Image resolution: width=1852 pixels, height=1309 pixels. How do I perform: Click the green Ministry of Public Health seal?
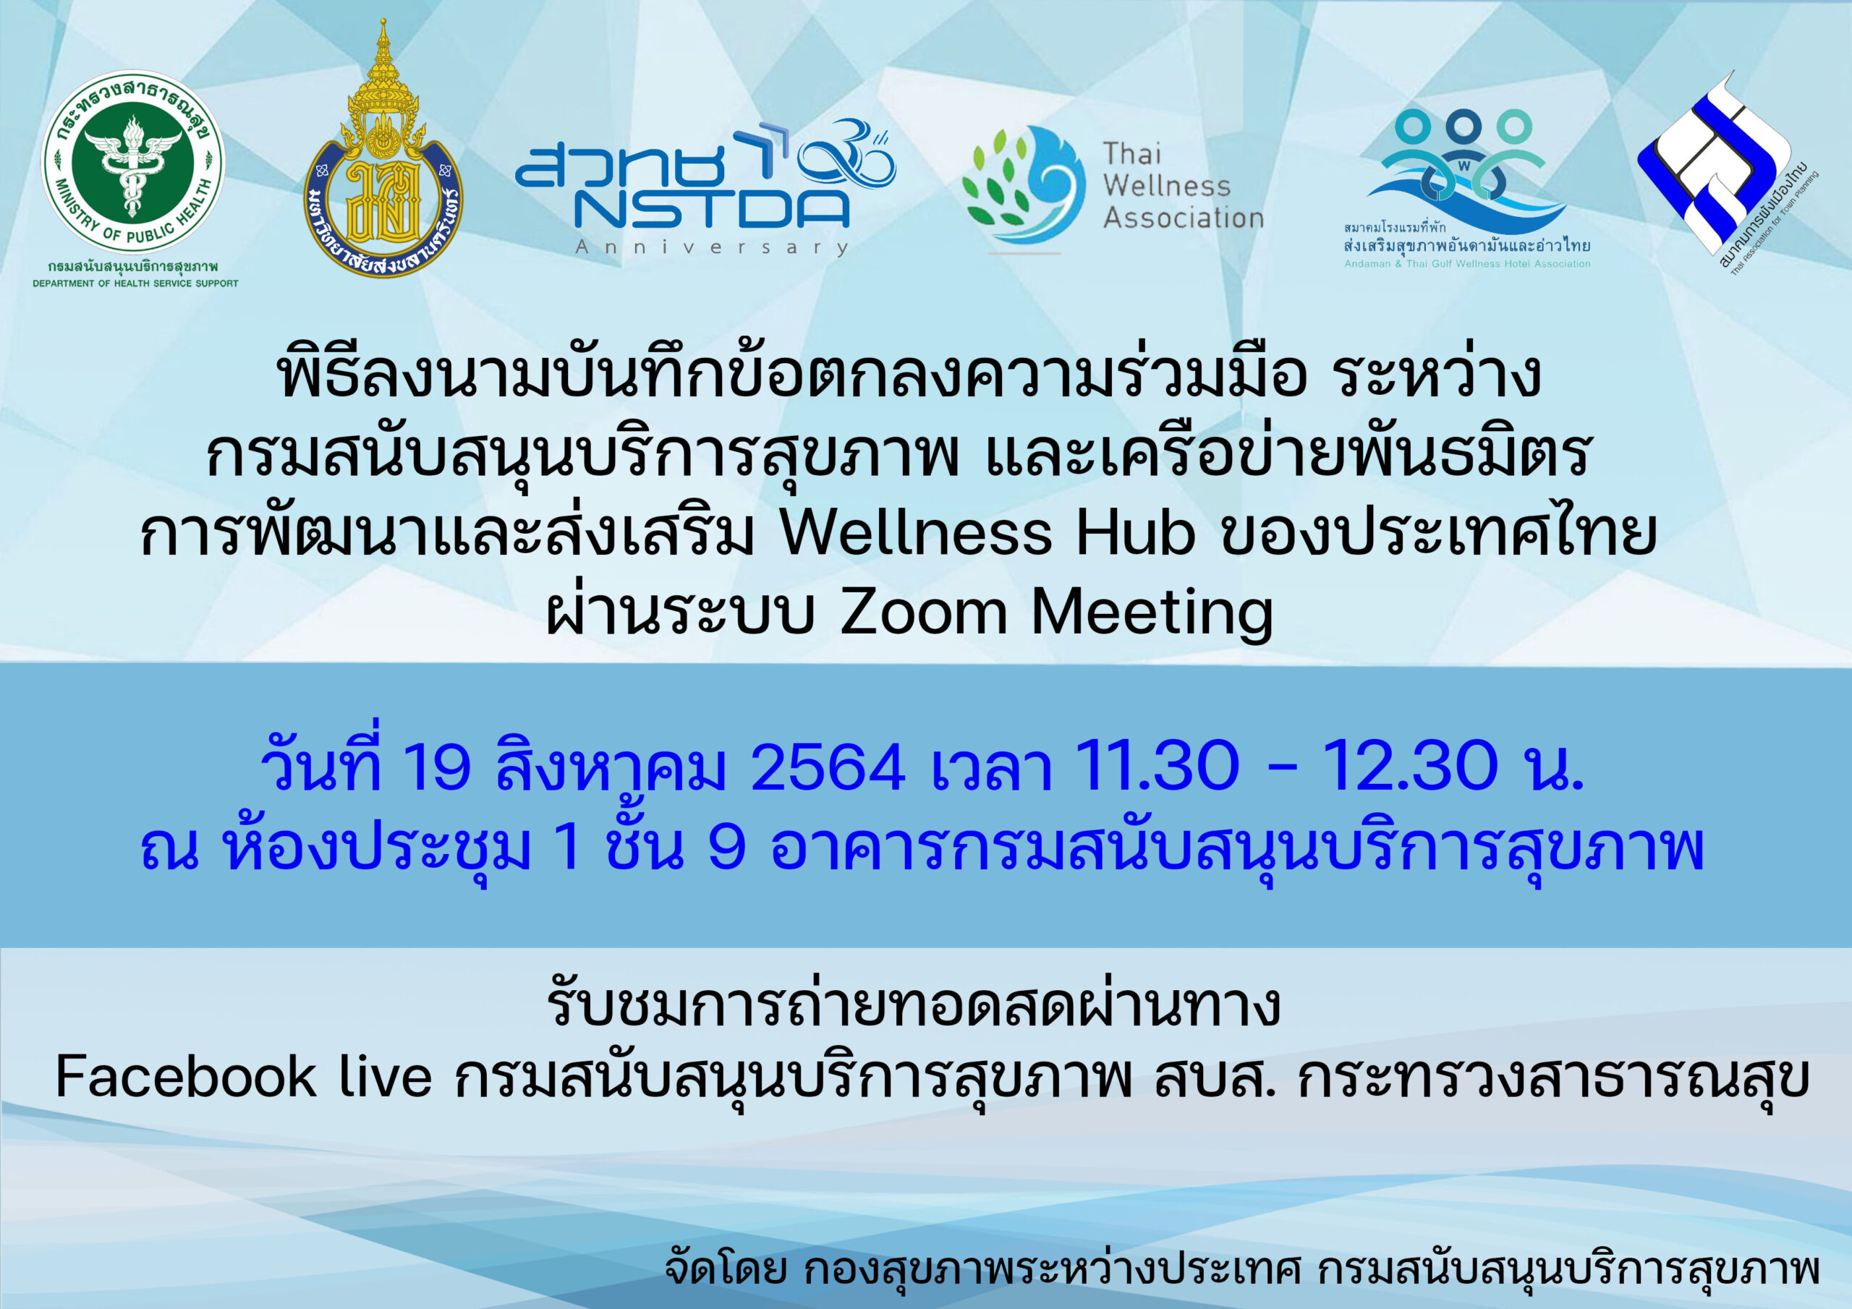[133, 162]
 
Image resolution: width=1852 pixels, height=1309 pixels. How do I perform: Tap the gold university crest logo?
[383, 149]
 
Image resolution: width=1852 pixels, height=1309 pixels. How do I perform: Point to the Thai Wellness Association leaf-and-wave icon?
[1024, 187]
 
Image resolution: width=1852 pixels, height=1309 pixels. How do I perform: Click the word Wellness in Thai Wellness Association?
[1167, 186]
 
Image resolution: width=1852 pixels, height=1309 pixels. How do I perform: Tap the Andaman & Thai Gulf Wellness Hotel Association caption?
[1467, 264]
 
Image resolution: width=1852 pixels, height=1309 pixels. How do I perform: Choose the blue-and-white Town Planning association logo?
[1726, 174]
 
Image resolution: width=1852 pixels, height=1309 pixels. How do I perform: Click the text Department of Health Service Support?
[135, 283]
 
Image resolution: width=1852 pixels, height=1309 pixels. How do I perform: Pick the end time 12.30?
[1410, 765]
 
